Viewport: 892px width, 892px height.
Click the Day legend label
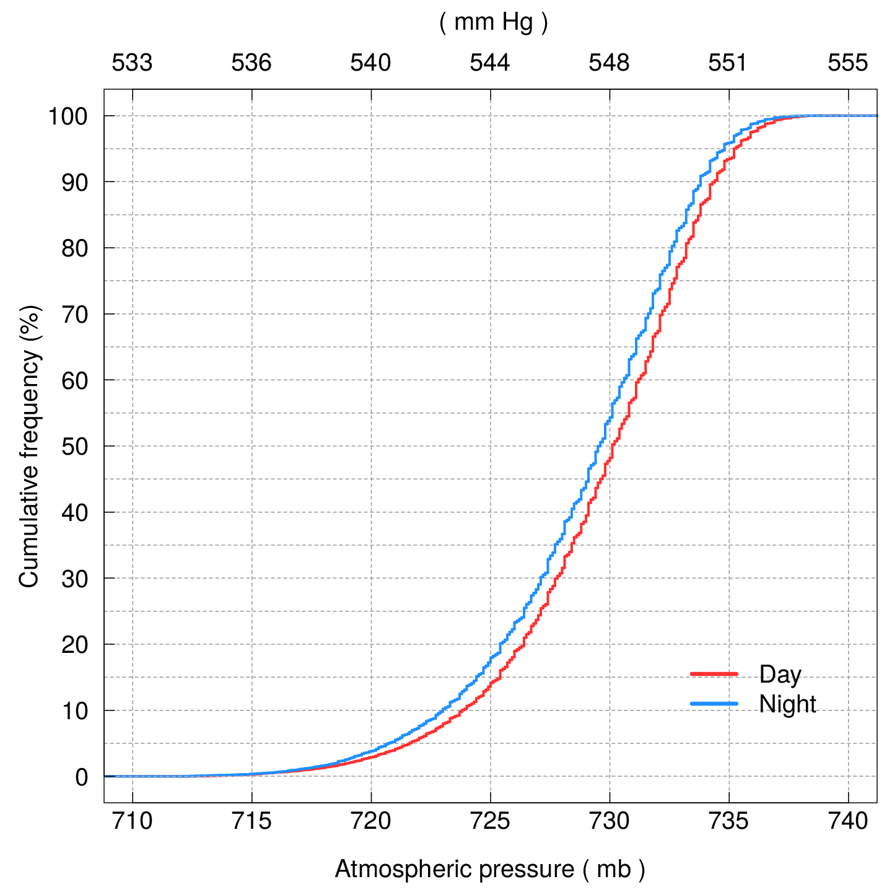(x=780, y=675)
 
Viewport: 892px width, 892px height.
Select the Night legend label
(x=787, y=704)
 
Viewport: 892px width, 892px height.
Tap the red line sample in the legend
(x=714, y=673)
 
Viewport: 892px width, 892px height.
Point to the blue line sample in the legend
(x=714, y=704)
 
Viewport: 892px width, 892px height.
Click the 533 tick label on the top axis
(x=132, y=63)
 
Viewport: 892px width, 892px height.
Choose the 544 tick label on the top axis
(x=490, y=63)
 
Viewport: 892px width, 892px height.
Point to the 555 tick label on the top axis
(x=847, y=63)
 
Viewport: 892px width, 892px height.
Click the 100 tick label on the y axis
(x=68, y=116)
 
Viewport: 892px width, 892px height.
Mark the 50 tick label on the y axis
(x=74, y=447)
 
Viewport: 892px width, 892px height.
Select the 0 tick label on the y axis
(x=82, y=777)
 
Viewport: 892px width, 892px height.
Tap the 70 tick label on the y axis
(x=74, y=315)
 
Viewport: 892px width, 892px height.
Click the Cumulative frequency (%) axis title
(x=29, y=446)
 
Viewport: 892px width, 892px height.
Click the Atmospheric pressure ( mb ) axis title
(x=490, y=869)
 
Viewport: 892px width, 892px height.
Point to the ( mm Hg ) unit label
(x=494, y=22)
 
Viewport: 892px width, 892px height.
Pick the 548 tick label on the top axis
(x=609, y=63)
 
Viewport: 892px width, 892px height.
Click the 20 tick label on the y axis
(x=74, y=645)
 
